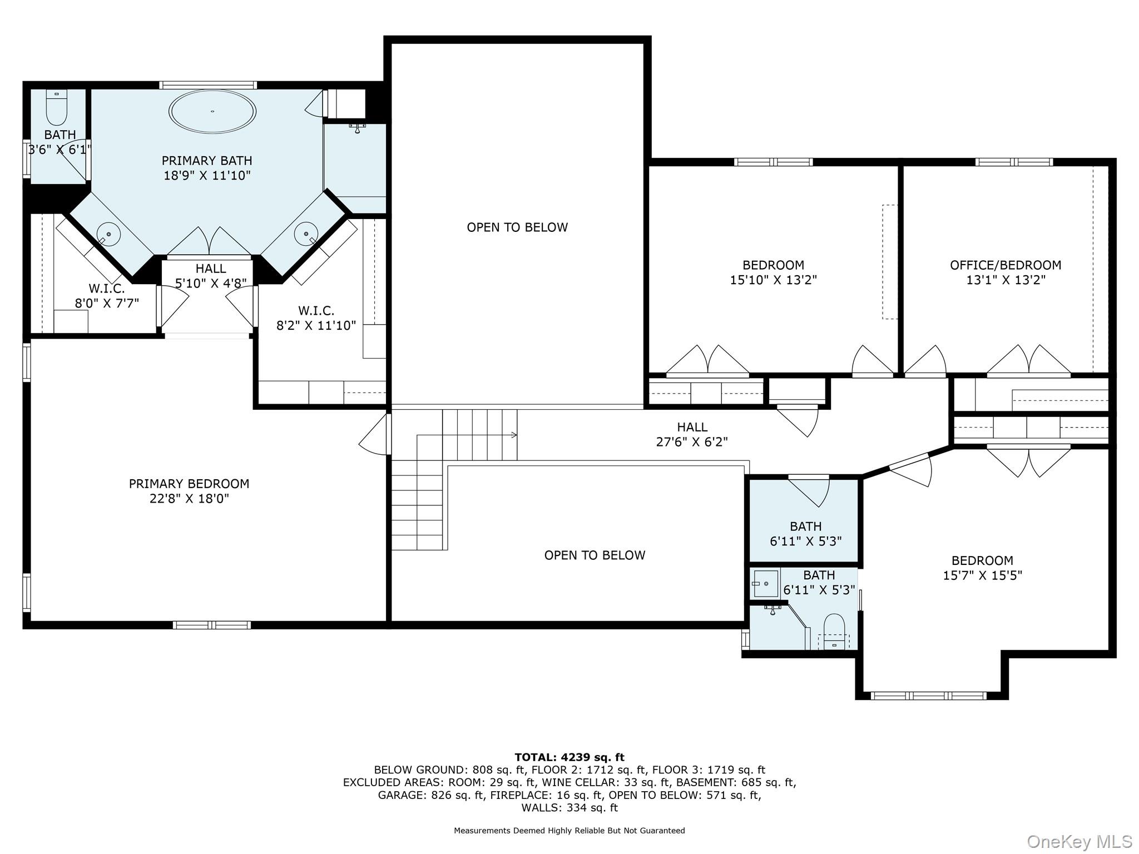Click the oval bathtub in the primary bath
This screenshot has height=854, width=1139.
212,111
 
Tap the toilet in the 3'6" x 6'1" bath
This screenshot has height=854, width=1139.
56,107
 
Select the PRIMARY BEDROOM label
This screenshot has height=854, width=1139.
189,484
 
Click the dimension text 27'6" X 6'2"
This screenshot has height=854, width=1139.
692,442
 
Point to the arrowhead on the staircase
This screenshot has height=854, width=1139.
514,435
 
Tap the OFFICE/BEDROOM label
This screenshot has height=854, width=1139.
1006,265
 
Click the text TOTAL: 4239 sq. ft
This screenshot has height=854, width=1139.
569,757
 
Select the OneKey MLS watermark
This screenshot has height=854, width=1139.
1079,842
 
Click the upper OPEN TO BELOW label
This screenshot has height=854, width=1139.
517,227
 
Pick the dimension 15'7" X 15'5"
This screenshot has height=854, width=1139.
982,575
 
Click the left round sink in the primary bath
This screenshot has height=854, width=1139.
109,235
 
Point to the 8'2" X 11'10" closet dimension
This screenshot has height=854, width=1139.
316,326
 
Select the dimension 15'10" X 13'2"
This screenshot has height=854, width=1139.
773,280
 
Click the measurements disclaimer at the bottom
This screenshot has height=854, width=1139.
569,831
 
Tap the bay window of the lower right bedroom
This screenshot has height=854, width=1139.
928,696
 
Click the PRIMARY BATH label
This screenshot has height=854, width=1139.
207,161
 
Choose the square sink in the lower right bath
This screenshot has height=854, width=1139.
765,584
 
